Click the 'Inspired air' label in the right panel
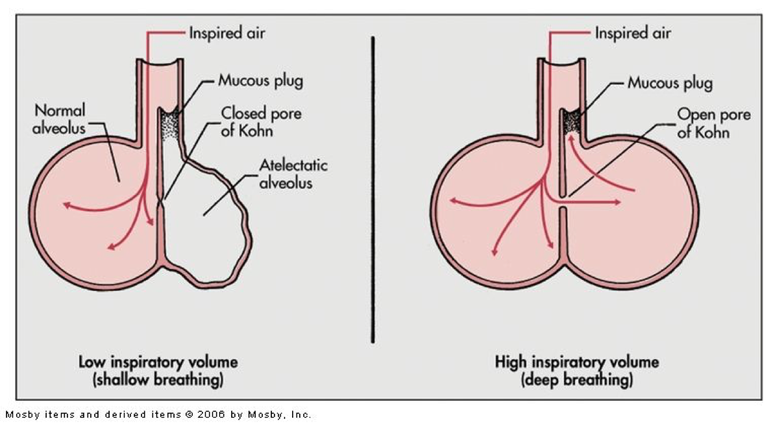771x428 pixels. click(633, 32)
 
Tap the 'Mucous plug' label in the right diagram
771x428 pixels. click(670, 83)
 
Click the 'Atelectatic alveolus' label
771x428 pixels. click(293, 173)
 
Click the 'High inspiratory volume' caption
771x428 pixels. click(577, 362)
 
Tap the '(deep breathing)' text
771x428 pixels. click(577, 380)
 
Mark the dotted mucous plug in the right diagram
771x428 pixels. click(573, 121)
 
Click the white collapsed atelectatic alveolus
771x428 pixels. click(208, 221)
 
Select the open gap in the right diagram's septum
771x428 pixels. click(563, 201)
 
